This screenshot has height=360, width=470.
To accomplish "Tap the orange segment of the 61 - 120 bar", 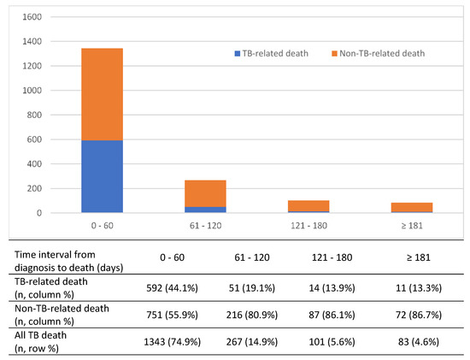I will tap(205, 192).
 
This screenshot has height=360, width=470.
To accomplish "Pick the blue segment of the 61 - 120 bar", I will tap(205, 210).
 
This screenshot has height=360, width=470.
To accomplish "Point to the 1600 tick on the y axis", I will tap(29, 16).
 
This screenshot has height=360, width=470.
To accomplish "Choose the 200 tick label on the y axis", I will tap(32, 188).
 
